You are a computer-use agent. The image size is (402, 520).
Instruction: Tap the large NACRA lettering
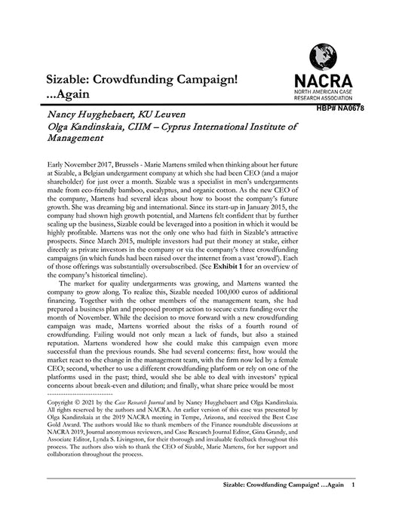325,81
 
